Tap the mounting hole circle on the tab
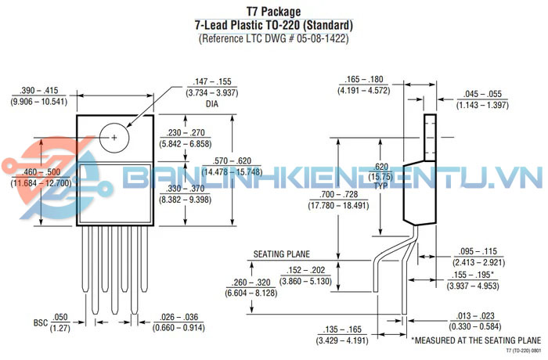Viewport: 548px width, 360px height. click(x=114, y=137)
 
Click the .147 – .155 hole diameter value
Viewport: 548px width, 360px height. click(x=211, y=81)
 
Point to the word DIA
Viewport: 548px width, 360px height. click(x=211, y=103)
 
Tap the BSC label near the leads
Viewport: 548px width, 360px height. click(x=41, y=322)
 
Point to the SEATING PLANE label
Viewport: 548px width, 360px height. click(x=282, y=254)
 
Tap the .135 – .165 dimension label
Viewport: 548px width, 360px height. click(x=344, y=330)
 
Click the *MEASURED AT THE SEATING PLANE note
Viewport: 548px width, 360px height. click(x=476, y=341)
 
